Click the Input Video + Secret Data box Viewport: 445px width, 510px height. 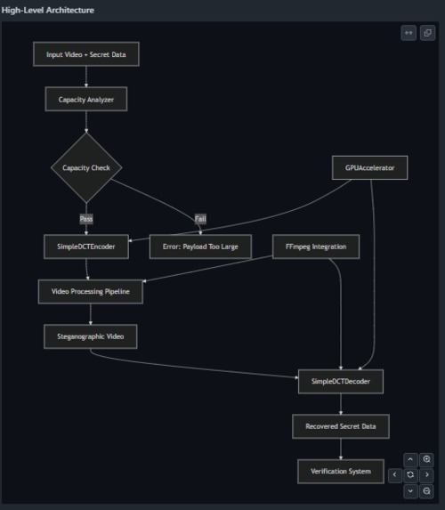click(x=86, y=54)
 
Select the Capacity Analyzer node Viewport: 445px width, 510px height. click(x=86, y=101)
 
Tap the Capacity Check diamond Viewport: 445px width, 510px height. click(x=86, y=167)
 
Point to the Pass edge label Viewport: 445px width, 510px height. click(x=86, y=218)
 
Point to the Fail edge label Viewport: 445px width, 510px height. click(x=200, y=218)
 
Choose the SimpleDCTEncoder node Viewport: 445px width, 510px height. click(x=86, y=247)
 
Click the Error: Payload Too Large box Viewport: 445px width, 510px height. click(x=200, y=247)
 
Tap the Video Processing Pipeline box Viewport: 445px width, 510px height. click(x=91, y=291)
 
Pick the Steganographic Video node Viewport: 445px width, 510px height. click(x=91, y=336)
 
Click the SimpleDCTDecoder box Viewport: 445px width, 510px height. click(x=341, y=382)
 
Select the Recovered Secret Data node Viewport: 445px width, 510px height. click(x=341, y=427)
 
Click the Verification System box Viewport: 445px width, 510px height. click(x=341, y=472)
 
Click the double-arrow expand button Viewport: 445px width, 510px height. click(x=409, y=33)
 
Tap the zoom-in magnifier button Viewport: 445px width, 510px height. click(x=427, y=459)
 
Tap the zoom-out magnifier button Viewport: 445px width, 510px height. click(x=427, y=490)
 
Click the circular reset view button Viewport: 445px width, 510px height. click(x=410, y=475)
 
